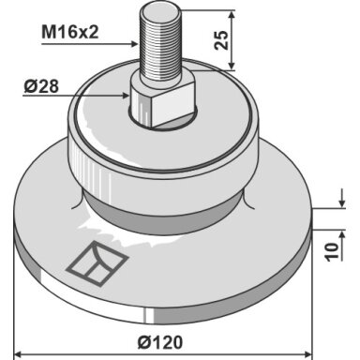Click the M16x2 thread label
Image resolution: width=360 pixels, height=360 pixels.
coord(70,32)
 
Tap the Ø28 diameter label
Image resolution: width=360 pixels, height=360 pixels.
coord(41,86)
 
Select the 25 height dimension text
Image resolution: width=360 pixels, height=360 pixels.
coord(221,40)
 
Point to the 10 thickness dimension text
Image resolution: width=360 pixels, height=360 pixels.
coord(332,251)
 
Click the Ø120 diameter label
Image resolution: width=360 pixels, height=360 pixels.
coord(160,342)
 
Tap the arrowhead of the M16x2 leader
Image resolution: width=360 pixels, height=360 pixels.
coord(134,44)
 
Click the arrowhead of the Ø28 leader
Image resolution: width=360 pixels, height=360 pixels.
coord(126,95)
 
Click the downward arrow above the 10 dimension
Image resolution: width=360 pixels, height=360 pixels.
coord(342,198)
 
